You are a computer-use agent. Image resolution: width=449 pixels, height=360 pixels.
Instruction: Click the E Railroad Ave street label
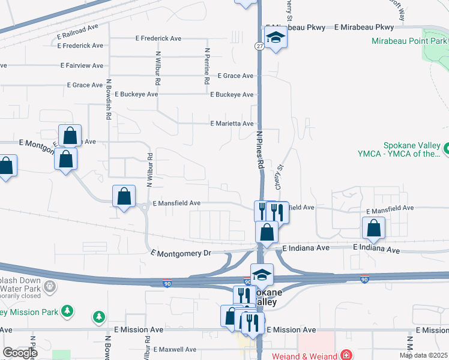(77, 28)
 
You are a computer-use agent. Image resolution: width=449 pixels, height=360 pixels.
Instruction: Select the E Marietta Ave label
(232, 124)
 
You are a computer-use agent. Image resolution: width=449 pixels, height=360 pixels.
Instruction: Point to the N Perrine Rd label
(206, 66)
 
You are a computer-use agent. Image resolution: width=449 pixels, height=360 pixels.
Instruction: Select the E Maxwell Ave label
(175, 349)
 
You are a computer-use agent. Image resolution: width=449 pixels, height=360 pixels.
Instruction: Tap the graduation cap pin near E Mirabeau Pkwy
(276, 37)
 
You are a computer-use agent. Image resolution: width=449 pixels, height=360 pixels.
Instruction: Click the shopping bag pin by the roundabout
(124, 196)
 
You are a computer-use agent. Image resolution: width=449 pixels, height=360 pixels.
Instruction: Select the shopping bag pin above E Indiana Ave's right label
(373, 227)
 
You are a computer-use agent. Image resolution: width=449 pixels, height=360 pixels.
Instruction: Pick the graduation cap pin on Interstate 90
(262, 274)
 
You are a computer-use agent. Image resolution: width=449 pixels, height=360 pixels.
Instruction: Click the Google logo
(20, 353)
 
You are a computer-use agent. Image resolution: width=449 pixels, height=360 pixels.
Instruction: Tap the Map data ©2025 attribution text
(423, 355)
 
